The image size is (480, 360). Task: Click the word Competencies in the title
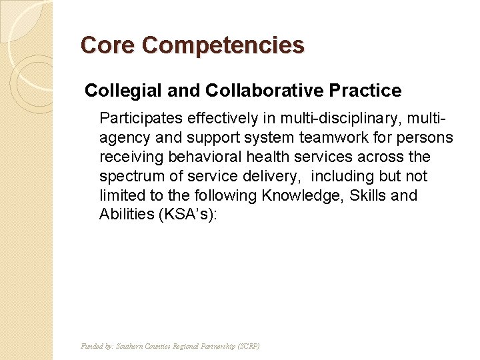223,46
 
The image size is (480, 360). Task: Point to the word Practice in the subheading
371,91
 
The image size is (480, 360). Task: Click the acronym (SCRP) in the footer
247,347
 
